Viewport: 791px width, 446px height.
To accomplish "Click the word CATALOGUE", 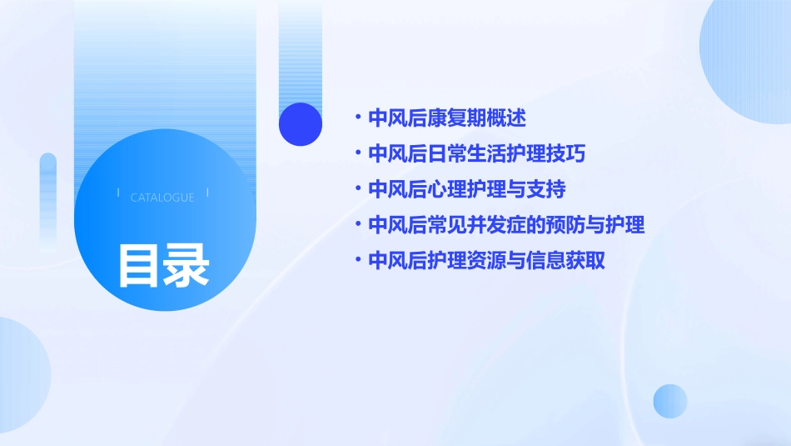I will point(162,198).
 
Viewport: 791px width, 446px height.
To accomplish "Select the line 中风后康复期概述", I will point(447,118).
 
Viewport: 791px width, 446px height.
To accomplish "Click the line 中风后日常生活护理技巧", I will point(482,153).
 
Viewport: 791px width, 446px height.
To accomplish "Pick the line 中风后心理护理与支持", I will point(466,189).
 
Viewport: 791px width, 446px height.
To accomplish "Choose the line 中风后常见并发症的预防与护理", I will point(506,225).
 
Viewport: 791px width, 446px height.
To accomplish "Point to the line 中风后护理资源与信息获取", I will point(486,261).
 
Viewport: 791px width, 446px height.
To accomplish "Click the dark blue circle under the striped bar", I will point(301,124).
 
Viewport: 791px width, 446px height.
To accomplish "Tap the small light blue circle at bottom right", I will point(670,401).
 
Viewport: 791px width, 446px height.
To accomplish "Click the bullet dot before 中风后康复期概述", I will point(358,118).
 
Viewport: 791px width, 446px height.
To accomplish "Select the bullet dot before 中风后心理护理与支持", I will point(358,189).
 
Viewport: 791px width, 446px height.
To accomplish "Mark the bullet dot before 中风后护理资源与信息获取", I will point(358,261).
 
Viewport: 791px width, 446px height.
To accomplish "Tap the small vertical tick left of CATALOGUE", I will point(119,193).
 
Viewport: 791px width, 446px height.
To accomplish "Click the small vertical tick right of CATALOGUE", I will point(207,193).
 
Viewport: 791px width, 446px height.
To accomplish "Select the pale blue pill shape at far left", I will point(47,200).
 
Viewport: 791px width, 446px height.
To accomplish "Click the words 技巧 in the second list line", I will point(580,153).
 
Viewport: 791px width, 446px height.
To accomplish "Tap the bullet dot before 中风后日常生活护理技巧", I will point(358,153).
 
